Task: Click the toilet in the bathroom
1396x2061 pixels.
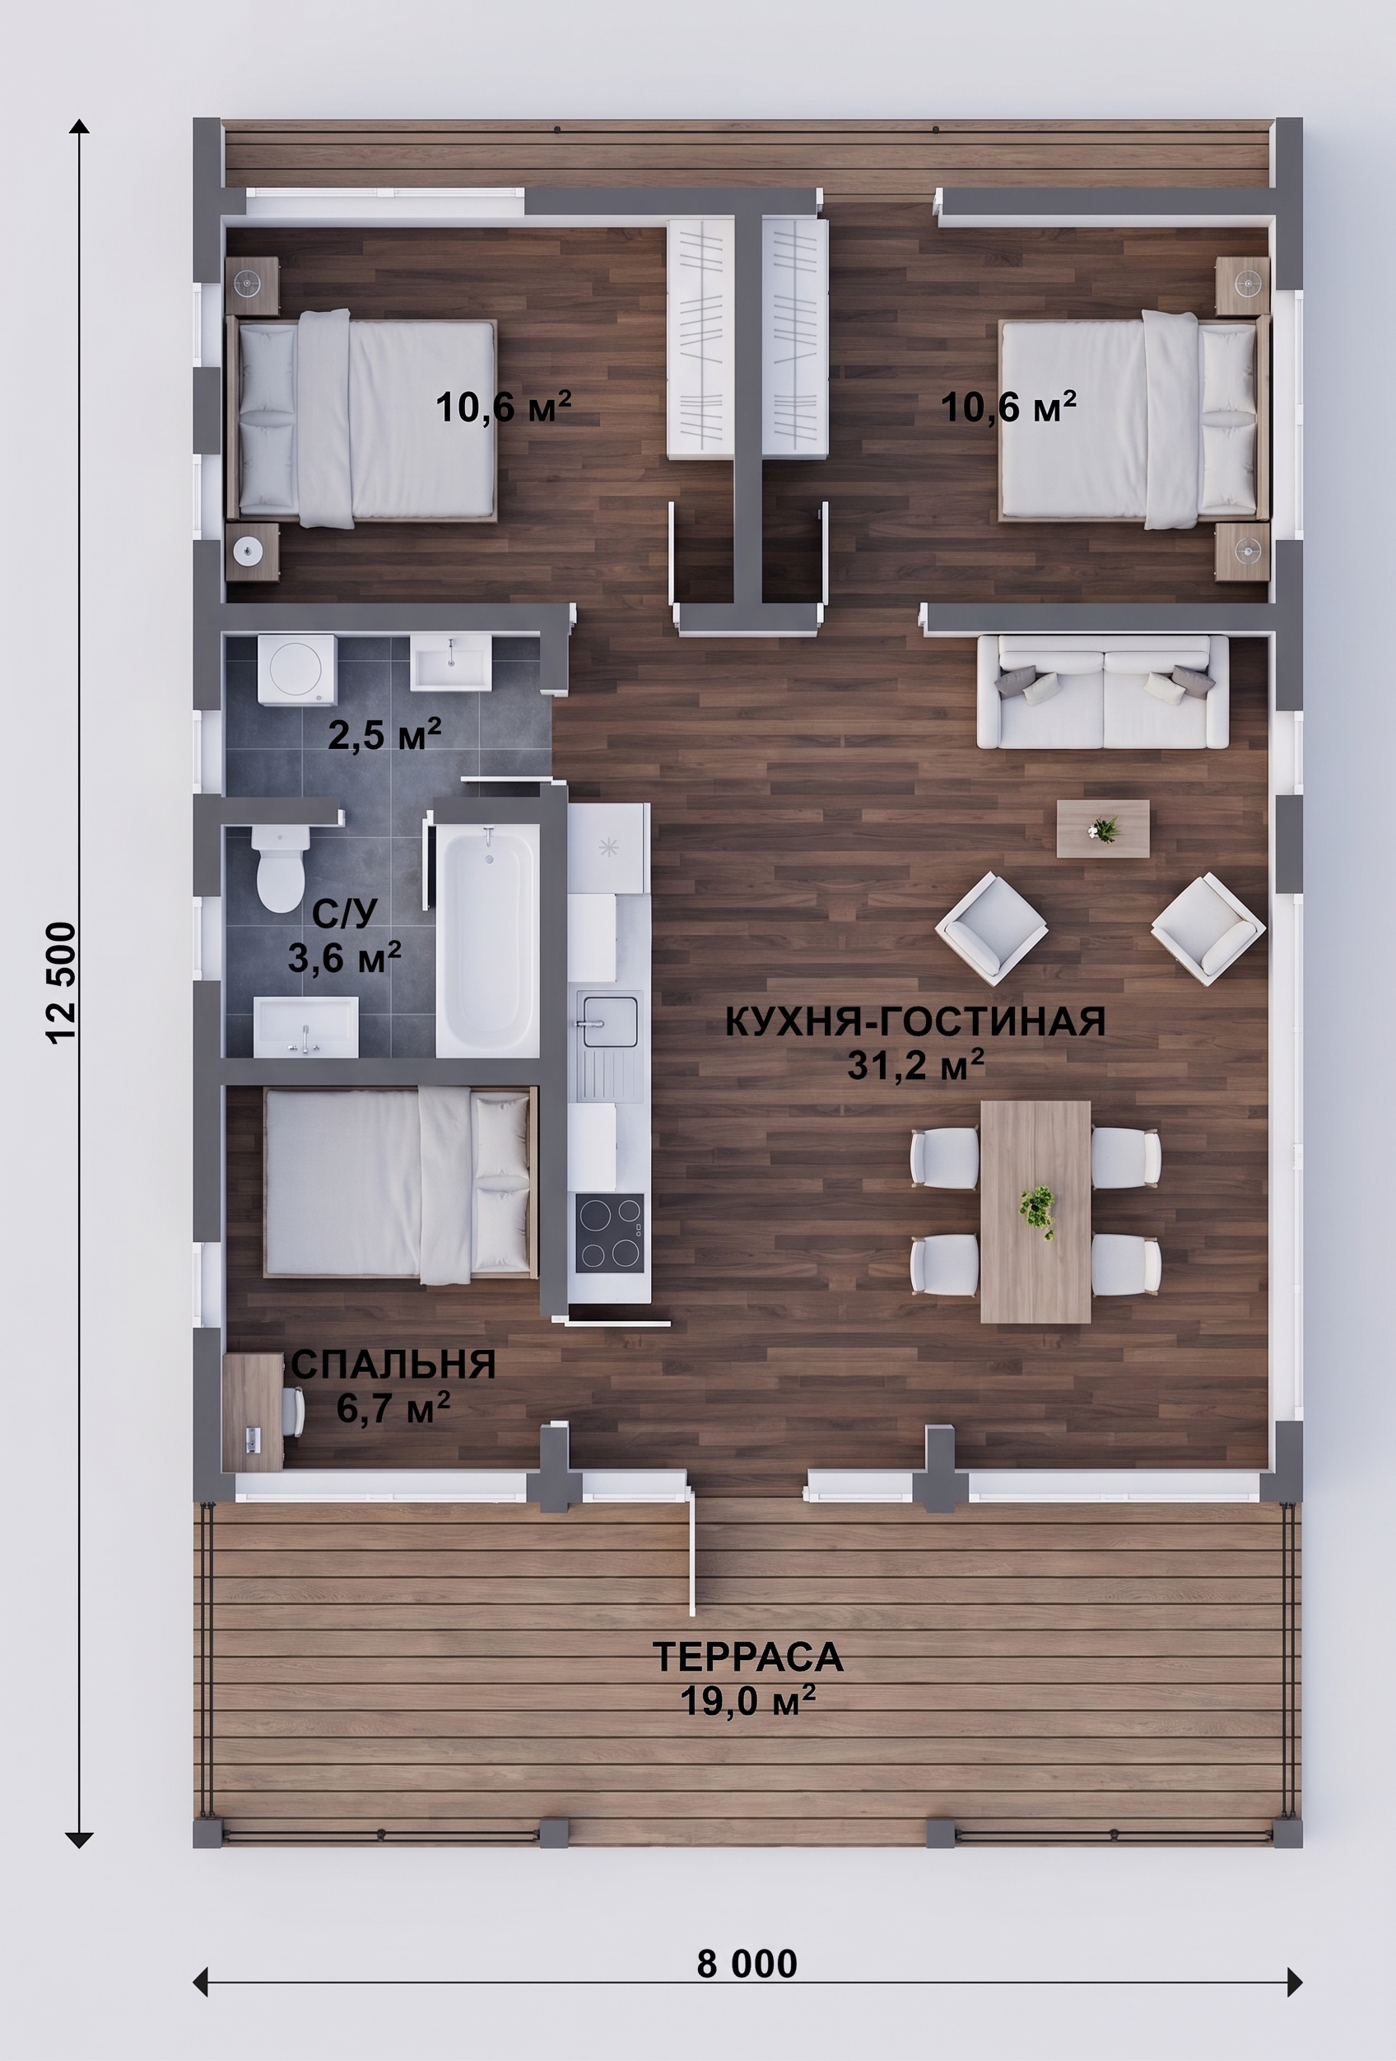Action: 280,869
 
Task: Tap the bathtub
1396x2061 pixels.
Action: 487,941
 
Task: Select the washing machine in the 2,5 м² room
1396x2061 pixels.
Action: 296,669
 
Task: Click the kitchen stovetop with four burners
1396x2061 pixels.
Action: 609,1233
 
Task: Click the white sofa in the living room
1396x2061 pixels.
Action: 1102,691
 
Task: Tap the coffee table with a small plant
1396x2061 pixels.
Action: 1102,828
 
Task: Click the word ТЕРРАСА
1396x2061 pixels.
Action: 747,1657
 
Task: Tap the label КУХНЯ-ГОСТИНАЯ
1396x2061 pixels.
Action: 915,1021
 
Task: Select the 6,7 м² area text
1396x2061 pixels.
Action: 393,1407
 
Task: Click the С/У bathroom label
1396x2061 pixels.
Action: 345,913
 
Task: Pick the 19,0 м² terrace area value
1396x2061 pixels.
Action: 747,1700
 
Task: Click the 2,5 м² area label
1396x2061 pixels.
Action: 384,734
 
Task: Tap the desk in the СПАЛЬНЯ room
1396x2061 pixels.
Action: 253,1412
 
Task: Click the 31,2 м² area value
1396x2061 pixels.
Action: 915,1065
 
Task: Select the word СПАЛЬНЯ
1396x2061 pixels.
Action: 393,1365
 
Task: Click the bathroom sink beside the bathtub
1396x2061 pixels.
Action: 306,1027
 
